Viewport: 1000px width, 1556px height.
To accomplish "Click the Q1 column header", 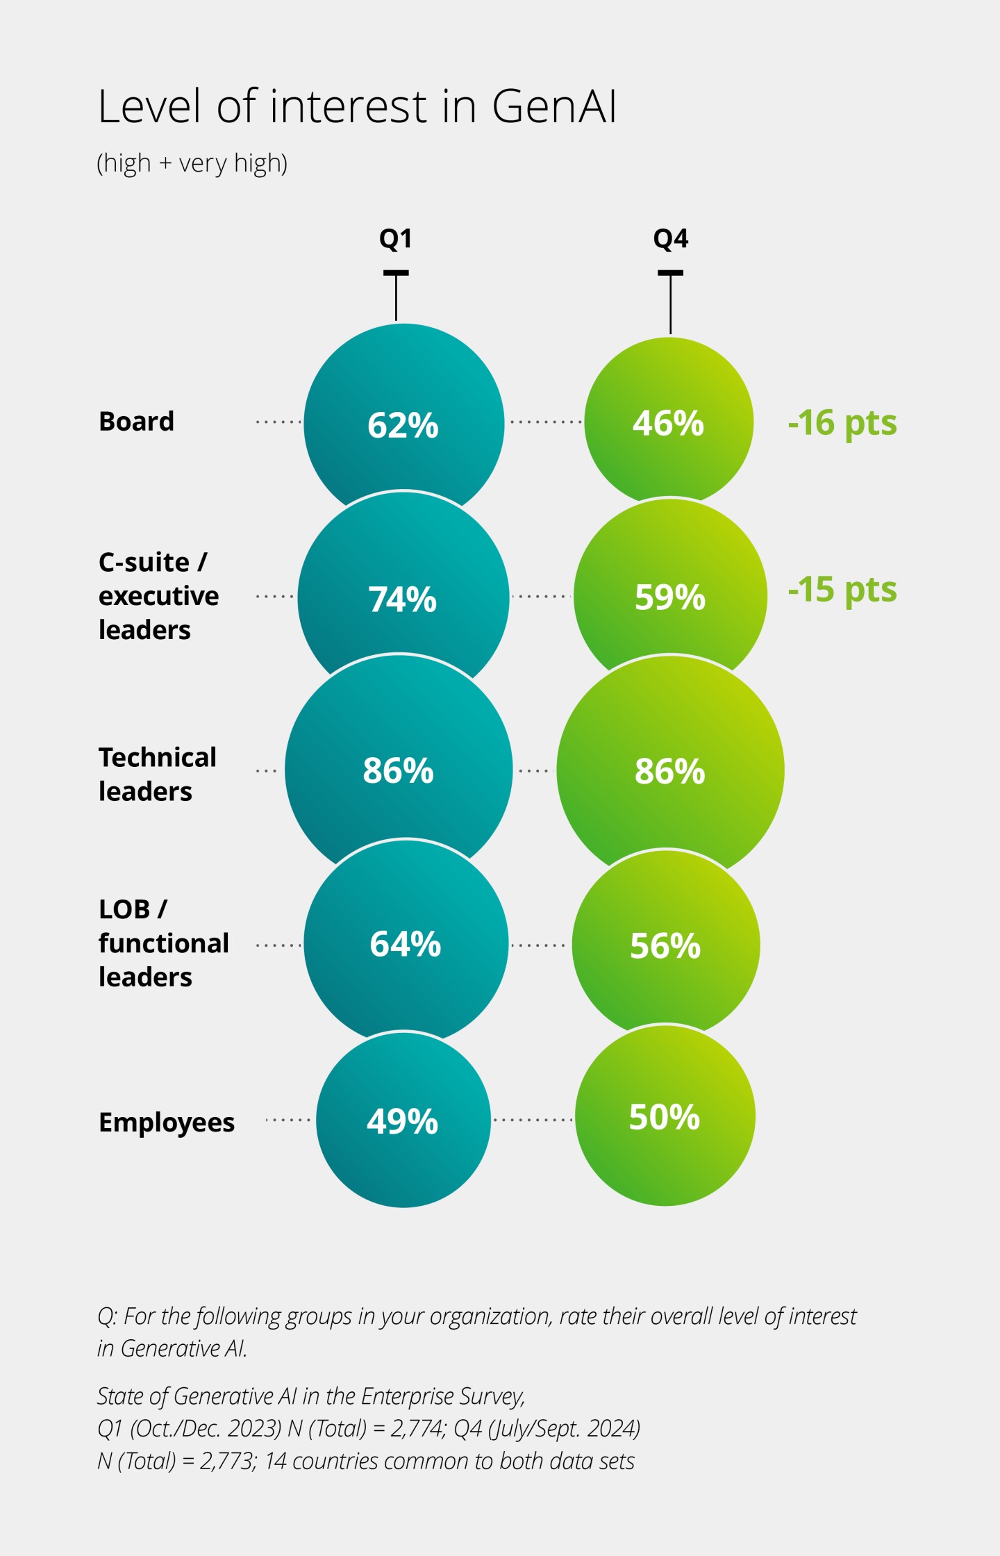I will [x=396, y=238].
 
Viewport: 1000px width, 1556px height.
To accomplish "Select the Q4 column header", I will [x=671, y=238].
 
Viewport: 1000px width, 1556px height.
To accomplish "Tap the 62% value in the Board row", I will [x=403, y=425].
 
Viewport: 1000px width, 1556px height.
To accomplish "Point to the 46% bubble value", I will [x=668, y=423].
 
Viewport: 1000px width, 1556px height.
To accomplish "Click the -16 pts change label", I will [x=842, y=422].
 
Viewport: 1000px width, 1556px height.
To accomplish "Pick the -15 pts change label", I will [x=842, y=590].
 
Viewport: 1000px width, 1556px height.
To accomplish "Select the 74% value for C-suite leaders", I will [x=403, y=599].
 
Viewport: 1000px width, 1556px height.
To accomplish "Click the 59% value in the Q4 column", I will [x=670, y=597].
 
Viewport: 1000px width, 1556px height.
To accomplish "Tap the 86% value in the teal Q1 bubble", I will [x=399, y=770].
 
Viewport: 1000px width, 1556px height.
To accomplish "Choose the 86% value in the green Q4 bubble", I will [x=670, y=771].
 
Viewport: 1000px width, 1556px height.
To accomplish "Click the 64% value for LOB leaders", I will [x=406, y=944].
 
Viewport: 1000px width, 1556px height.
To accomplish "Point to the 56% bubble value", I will [x=665, y=945].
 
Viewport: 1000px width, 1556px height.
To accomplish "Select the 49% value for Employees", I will [x=403, y=1121].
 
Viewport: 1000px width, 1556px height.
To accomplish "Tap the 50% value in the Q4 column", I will [x=665, y=1117].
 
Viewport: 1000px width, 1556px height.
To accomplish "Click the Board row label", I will [x=137, y=421].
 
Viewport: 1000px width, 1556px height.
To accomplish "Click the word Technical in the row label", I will [x=158, y=757].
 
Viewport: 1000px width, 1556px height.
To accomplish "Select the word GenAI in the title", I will [x=554, y=107].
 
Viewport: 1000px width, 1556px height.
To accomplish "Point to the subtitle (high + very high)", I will [x=192, y=163].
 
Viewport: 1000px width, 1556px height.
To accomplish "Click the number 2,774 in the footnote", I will [x=417, y=1428].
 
